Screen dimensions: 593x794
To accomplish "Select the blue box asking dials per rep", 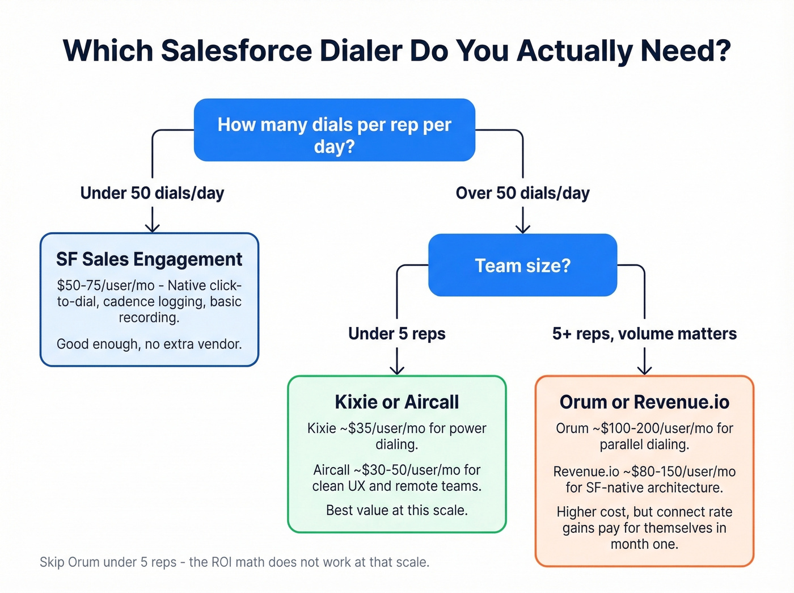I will (x=334, y=131).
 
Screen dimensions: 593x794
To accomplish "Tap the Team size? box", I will (x=522, y=266).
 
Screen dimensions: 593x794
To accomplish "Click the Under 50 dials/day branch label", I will (x=152, y=194).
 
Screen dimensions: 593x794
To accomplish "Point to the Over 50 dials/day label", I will (x=522, y=194).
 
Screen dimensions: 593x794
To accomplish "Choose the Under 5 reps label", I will (x=396, y=334).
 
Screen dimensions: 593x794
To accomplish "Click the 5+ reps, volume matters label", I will (x=644, y=334).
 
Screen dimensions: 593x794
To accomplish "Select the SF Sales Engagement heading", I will (x=149, y=259).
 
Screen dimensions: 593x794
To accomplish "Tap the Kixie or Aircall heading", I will (x=396, y=402).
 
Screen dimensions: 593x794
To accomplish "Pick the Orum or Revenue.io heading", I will (x=644, y=402).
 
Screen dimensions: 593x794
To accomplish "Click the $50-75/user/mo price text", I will (x=105, y=285).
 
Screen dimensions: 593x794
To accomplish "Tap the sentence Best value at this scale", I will (x=396, y=511).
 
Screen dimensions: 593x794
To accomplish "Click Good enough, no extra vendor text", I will (x=149, y=344).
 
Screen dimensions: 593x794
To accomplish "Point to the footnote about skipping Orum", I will (x=234, y=562).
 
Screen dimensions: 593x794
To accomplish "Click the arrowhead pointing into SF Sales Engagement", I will (x=152, y=228).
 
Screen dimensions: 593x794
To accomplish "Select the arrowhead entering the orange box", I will (x=644, y=370).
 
